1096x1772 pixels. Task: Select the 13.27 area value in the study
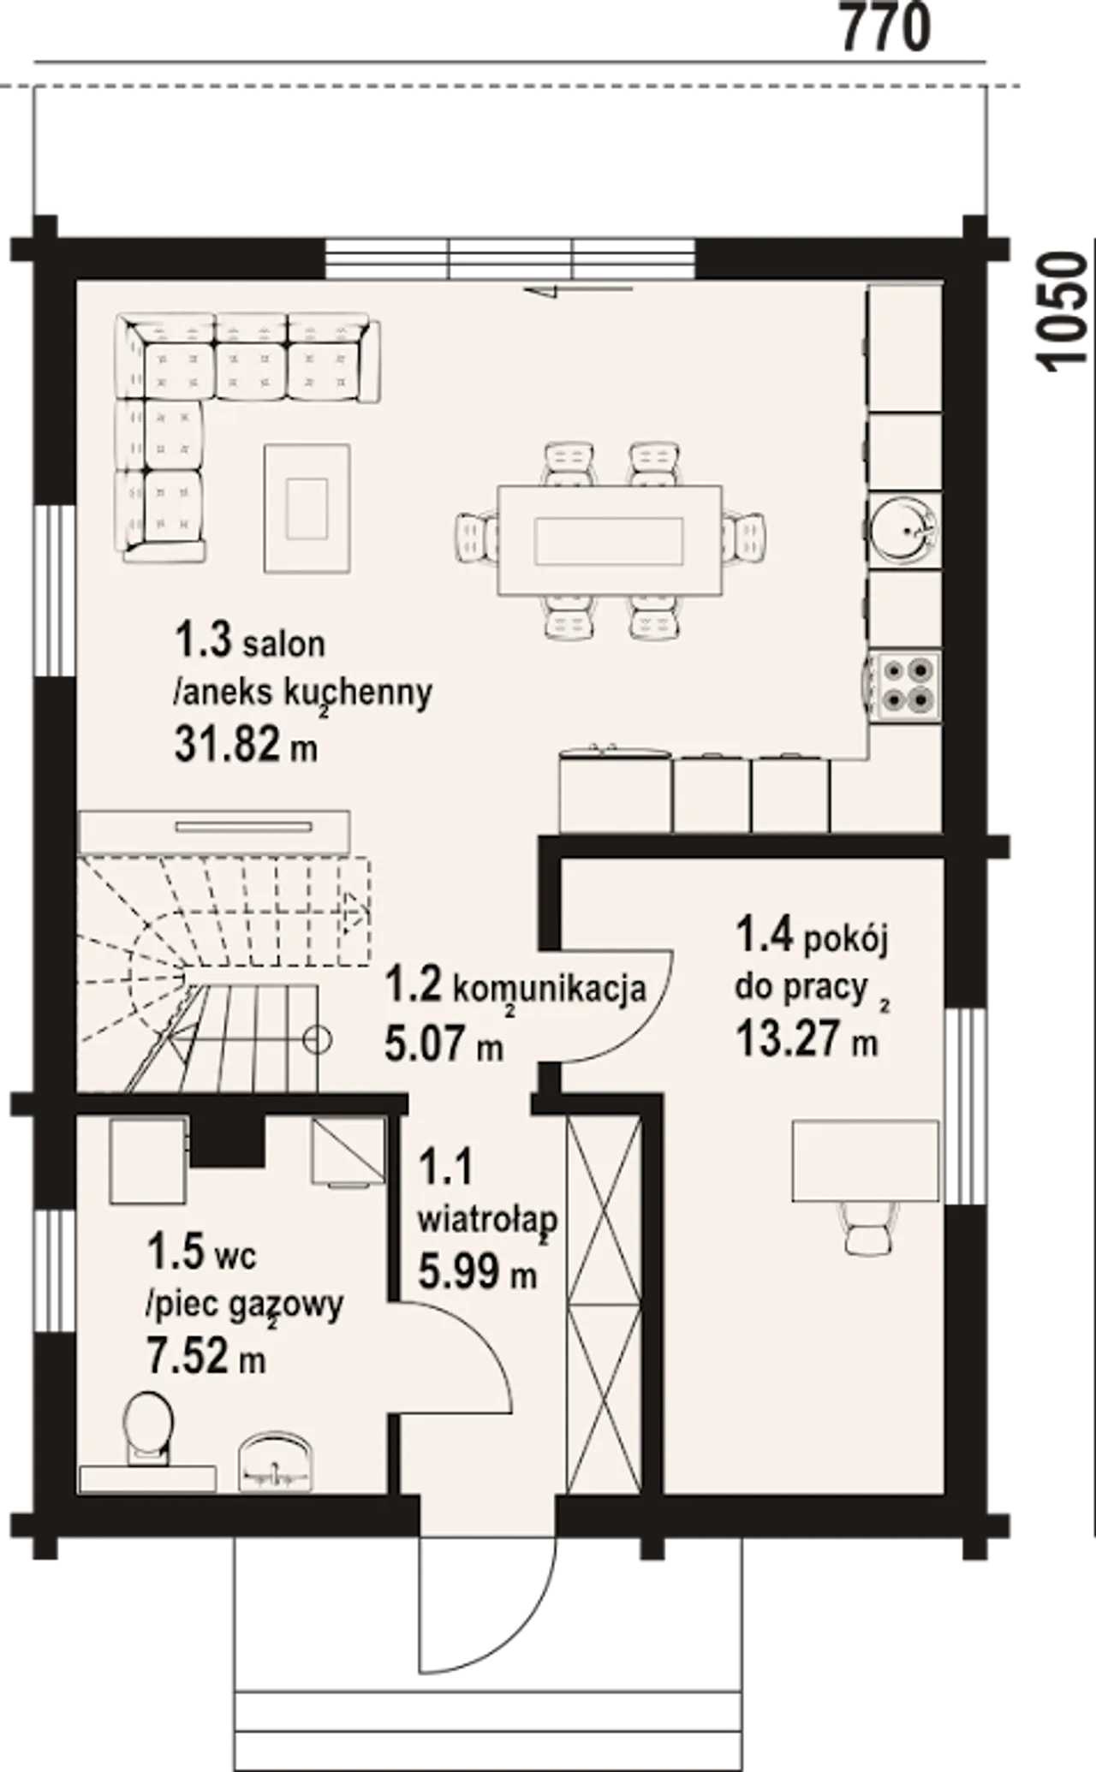(788, 1040)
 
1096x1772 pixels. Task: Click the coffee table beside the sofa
(307, 508)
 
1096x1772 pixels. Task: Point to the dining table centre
(610, 539)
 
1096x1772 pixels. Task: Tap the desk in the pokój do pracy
(865, 1161)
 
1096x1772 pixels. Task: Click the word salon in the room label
(283, 645)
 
